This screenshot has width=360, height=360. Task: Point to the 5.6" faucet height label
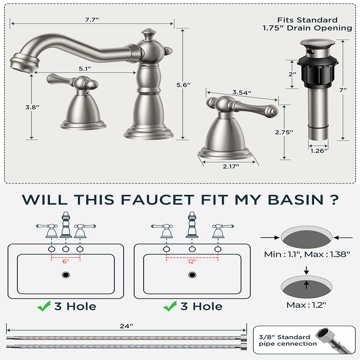click(183, 85)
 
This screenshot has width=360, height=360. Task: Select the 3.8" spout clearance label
click(32, 107)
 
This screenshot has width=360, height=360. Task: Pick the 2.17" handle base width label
click(230, 166)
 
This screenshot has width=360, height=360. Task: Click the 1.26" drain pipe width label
click(318, 150)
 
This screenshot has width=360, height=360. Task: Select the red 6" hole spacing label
click(66, 262)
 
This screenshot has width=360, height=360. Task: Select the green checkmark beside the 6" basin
click(44, 307)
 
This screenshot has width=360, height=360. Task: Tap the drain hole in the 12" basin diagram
click(192, 275)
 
